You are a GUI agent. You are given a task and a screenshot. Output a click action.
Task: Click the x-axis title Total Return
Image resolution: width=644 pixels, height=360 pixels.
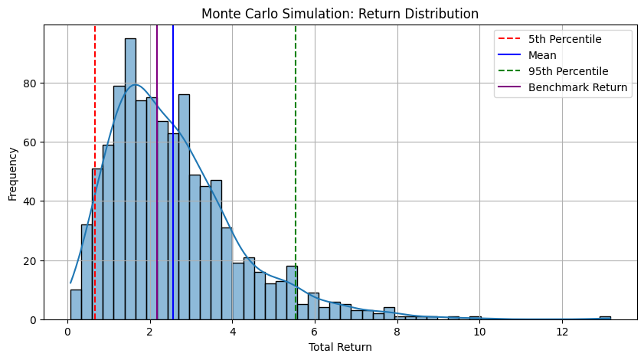340,347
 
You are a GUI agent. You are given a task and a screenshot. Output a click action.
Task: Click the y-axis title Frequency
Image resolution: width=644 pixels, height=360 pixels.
13,174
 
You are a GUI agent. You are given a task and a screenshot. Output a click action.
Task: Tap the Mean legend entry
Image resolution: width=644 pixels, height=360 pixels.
528,55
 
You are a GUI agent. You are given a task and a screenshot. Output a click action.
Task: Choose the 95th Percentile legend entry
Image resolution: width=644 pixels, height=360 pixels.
553,71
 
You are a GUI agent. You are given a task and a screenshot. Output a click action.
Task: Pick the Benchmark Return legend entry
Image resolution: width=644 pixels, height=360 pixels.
563,87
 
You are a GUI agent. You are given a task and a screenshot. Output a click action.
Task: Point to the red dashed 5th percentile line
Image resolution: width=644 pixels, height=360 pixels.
95,172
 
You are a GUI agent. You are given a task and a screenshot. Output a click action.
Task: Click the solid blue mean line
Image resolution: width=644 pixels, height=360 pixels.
173,172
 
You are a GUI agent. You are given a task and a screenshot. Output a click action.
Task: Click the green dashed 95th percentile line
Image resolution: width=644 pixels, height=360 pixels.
296,172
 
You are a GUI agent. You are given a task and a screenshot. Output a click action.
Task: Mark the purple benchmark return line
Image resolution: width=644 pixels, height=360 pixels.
157,172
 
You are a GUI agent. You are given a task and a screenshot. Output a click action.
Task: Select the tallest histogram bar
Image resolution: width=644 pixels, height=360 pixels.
130,179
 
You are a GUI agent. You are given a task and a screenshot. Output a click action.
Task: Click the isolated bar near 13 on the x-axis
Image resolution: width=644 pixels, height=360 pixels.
605,318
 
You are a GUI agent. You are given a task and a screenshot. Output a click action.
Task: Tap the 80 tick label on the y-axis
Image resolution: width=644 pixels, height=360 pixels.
30,83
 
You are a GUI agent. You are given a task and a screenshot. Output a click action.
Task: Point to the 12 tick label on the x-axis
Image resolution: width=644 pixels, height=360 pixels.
562,332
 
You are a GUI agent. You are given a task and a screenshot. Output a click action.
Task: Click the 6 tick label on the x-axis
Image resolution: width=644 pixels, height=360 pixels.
315,332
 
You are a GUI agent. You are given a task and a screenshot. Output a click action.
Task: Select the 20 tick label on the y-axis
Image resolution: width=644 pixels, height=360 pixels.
30,261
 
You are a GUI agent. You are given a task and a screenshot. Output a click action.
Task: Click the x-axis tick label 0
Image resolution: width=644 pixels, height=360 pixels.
67,332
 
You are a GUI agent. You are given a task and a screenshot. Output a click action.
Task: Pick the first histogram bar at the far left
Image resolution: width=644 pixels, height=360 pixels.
76,305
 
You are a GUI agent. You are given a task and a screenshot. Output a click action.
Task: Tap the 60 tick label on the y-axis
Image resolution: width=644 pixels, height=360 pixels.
30,142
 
